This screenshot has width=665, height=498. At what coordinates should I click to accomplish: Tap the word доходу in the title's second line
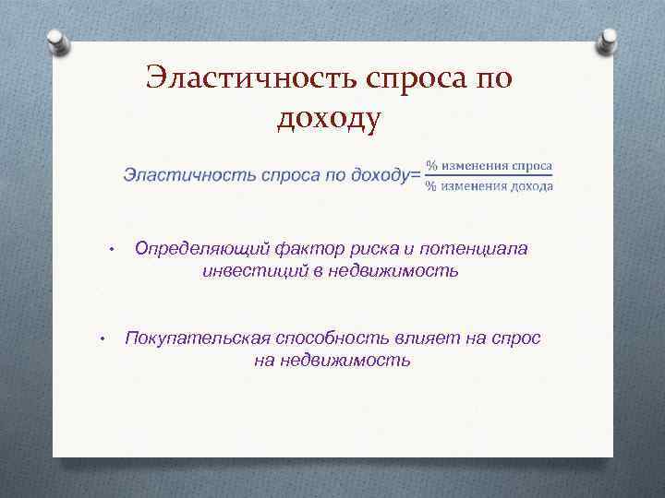pos(328,118)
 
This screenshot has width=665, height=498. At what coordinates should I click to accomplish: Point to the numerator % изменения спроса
pos(489,165)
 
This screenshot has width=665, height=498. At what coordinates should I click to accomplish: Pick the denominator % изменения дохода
pos(489,185)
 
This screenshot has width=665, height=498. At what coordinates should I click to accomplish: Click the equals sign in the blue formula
pos(416,173)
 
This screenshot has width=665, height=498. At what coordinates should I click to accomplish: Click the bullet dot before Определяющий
pos(109,250)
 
